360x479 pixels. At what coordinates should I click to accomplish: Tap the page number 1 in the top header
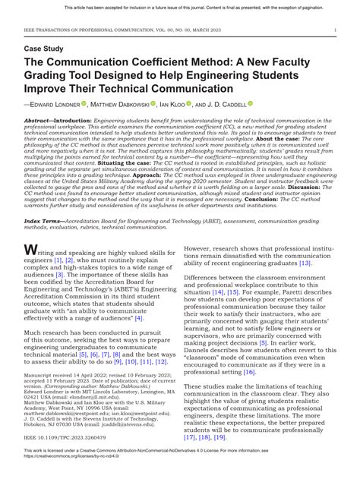click(335, 30)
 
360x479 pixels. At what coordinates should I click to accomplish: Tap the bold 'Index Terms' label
click(42, 217)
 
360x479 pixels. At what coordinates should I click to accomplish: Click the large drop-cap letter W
click(31, 250)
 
